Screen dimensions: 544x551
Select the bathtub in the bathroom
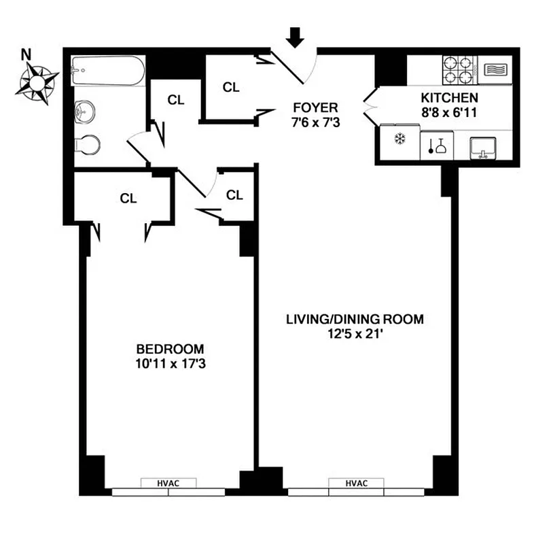click(x=108, y=69)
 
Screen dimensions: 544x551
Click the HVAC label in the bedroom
click(x=168, y=483)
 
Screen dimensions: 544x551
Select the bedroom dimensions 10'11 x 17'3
click(x=171, y=364)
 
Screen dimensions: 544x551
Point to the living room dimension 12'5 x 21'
click(x=355, y=333)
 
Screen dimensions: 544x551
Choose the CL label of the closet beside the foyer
click(x=232, y=87)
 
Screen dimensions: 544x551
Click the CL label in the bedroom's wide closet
click(x=128, y=199)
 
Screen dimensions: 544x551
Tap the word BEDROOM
click(x=171, y=350)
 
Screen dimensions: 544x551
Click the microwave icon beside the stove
click(x=494, y=69)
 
